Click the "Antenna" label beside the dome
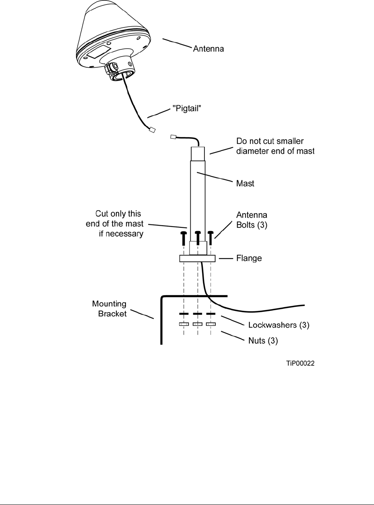click(x=209, y=49)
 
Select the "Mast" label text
click(x=245, y=183)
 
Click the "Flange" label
click(x=249, y=258)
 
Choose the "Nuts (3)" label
click(x=261, y=341)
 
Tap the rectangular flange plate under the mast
click(x=197, y=259)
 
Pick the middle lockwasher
click(x=197, y=313)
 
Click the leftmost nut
click(x=184, y=324)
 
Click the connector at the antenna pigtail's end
click(x=152, y=131)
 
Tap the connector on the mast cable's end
click(x=173, y=136)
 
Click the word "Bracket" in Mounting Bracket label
click(x=112, y=314)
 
